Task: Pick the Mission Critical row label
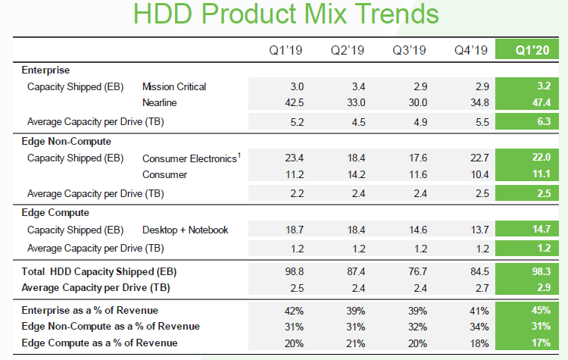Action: (x=174, y=86)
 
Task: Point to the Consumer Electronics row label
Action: (x=190, y=158)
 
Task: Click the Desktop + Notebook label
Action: (x=185, y=230)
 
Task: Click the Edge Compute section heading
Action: (x=56, y=212)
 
